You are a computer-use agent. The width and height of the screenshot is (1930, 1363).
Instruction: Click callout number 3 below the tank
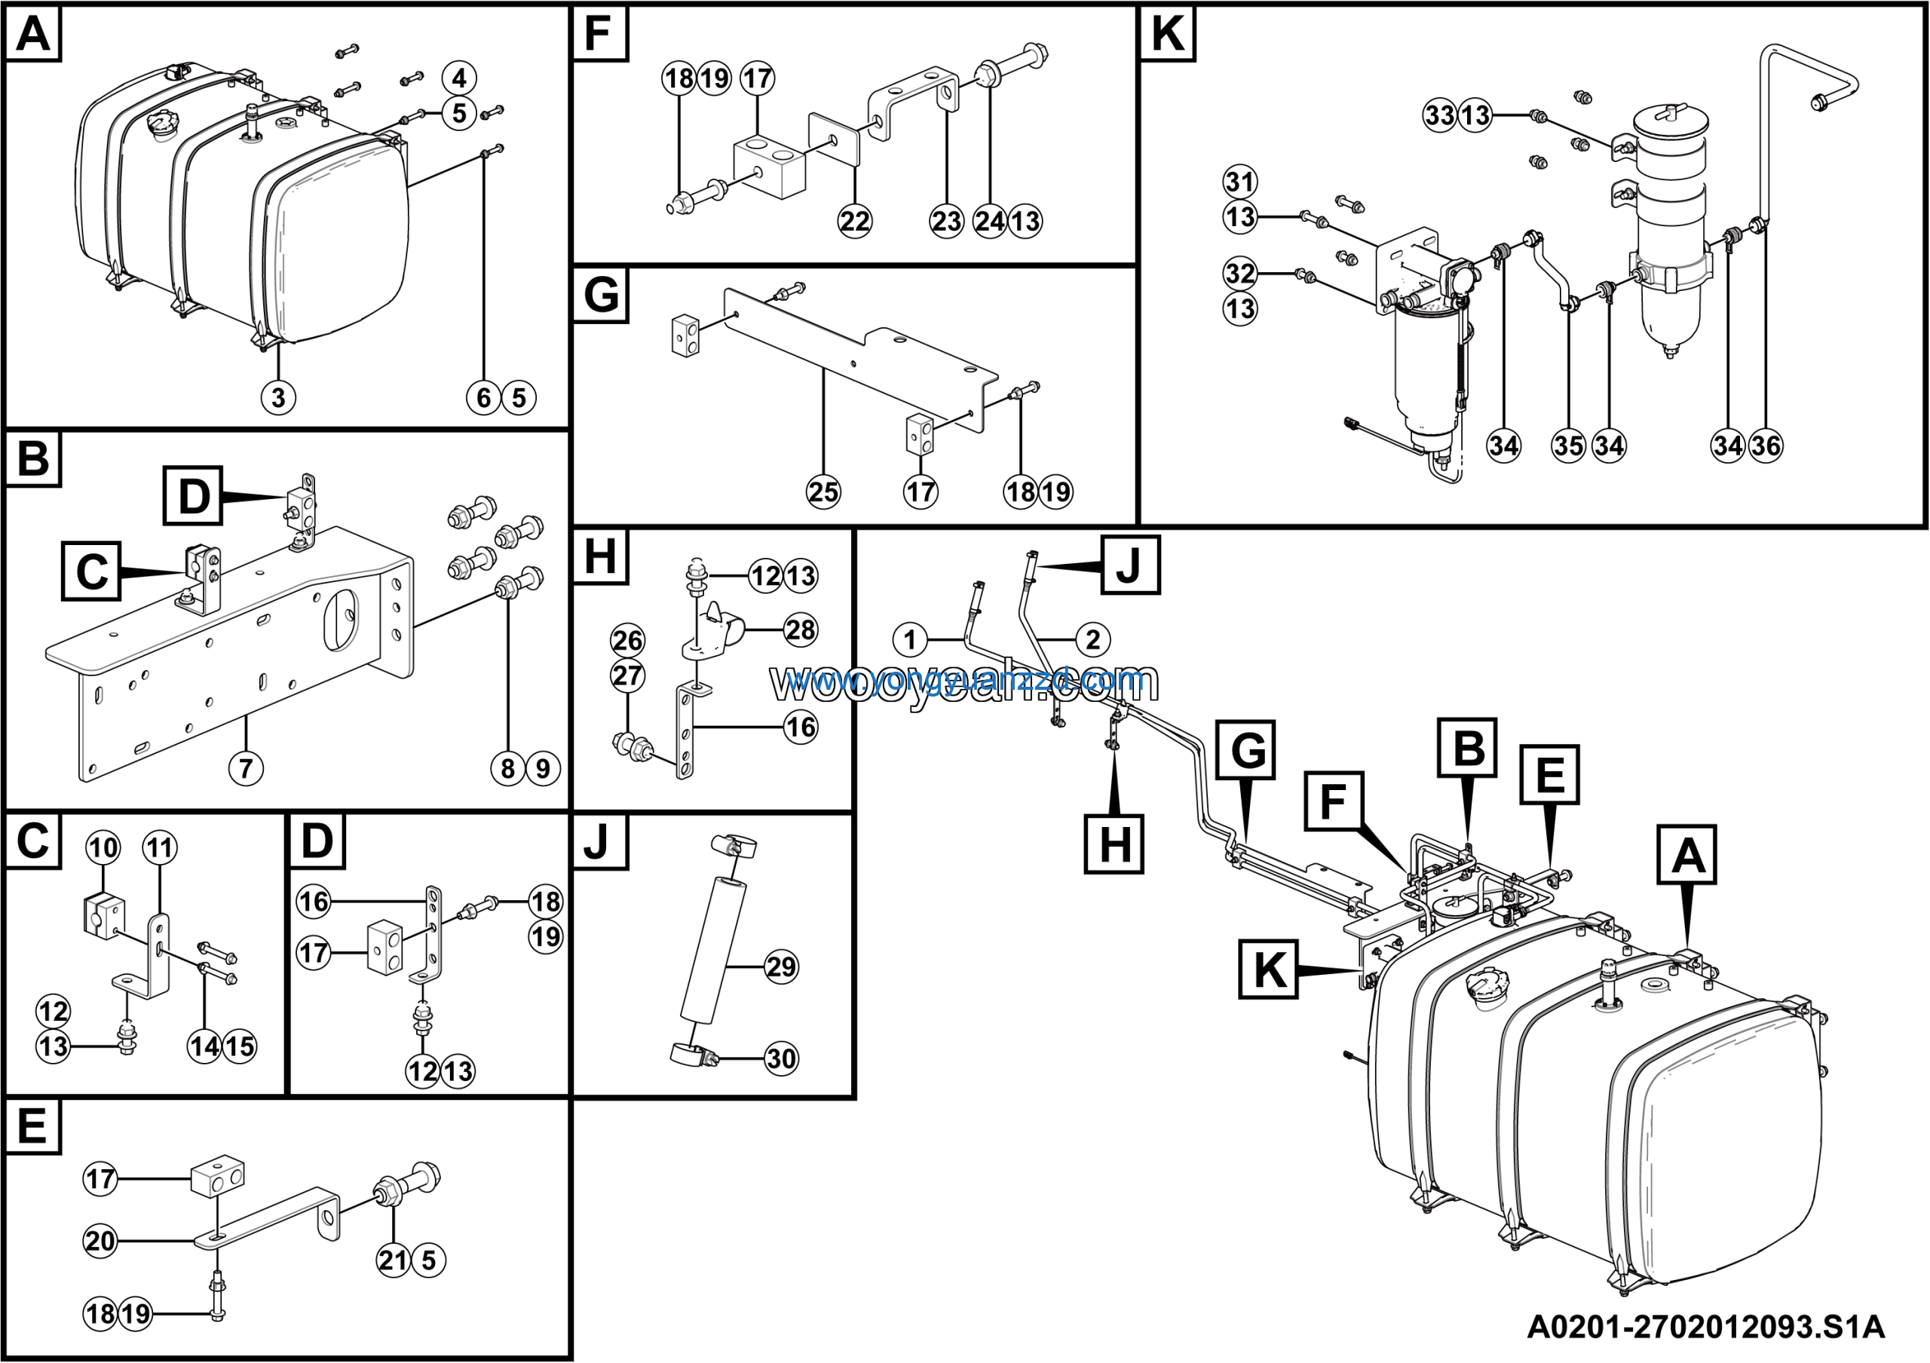click(x=278, y=397)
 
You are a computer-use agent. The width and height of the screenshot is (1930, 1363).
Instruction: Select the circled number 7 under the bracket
click(x=246, y=768)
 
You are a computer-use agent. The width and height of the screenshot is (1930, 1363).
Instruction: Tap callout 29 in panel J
click(x=781, y=966)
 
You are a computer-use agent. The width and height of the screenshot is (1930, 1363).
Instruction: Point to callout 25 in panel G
click(x=823, y=492)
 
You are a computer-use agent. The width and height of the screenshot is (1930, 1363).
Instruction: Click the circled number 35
click(x=1569, y=446)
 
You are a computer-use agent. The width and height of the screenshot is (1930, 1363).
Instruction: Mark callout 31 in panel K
click(x=1240, y=182)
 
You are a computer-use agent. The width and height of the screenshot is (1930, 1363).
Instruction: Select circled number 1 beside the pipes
click(x=909, y=640)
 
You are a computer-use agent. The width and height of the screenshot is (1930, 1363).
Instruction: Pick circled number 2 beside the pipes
click(x=1092, y=640)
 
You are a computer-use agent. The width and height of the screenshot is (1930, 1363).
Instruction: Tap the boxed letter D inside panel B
click(x=193, y=496)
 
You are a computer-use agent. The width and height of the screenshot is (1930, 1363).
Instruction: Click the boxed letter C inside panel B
click(x=92, y=571)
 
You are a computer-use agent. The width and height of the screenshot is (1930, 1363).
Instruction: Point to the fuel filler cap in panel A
click(x=161, y=127)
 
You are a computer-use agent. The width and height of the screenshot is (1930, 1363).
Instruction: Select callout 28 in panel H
click(x=800, y=629)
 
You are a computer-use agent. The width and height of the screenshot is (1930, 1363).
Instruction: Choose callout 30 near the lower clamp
click(x=781, y=1058)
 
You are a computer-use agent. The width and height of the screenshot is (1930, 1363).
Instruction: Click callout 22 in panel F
click(x=855, y=221)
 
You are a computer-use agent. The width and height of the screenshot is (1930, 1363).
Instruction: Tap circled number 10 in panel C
click(x=103, y=848)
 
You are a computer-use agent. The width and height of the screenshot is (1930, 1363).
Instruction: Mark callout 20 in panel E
click(x=100, y=1240)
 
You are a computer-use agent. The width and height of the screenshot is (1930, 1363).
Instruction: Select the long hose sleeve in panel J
click(x=717, y=950)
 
